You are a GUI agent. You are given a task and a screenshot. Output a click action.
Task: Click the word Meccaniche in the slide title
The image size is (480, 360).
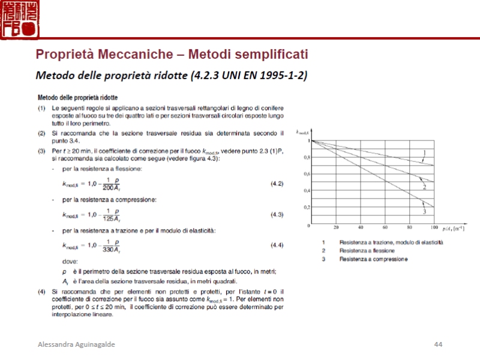(133, 55)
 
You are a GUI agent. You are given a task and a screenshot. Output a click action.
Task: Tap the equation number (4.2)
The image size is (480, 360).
(277, 183)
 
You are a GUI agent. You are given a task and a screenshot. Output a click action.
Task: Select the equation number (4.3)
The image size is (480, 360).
(277, 214)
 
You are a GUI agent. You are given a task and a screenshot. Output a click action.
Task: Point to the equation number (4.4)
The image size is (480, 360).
(277, 245)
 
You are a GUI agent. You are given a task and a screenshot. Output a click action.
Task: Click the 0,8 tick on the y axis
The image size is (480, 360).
(307, 157)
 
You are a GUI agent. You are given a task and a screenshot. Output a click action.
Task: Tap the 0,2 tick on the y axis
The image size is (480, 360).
(307, 207)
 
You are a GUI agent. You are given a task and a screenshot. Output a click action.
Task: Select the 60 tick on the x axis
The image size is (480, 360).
(385, 228)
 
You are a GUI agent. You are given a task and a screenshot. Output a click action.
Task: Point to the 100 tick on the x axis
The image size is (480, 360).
(434, 228)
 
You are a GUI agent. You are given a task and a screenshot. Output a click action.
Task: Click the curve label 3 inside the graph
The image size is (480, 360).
(424, 211)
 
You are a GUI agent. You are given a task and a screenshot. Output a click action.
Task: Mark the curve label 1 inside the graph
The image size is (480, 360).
(424, 152)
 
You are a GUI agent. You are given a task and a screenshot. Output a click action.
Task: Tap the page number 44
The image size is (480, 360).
(438, 344)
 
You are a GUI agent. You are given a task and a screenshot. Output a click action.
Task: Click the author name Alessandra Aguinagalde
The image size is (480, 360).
(76, 344)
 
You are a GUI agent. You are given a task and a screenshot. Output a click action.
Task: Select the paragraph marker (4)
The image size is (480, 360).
(41, 292)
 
